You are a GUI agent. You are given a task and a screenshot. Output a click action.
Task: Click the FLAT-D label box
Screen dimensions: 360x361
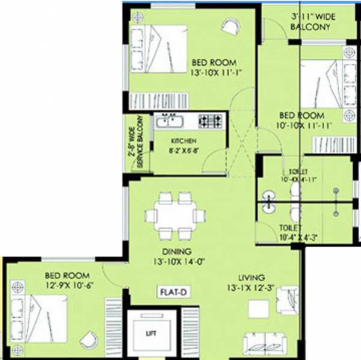click(x=174, y=292)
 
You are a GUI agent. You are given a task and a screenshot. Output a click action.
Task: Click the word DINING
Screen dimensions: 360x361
click(x=176, y=251)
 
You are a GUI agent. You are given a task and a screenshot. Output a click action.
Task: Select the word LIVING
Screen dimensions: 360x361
click(x=251, y=278)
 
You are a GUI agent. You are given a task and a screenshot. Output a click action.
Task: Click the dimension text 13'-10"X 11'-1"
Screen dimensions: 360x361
click(x=214, y=73)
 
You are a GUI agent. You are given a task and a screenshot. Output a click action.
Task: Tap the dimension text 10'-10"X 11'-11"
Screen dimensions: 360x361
click(x=301, y=126)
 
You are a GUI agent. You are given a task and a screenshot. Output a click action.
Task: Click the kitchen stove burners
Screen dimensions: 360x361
click(x=211, y=121)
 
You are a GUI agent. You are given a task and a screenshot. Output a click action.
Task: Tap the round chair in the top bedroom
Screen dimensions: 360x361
click(x=229, y=26)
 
